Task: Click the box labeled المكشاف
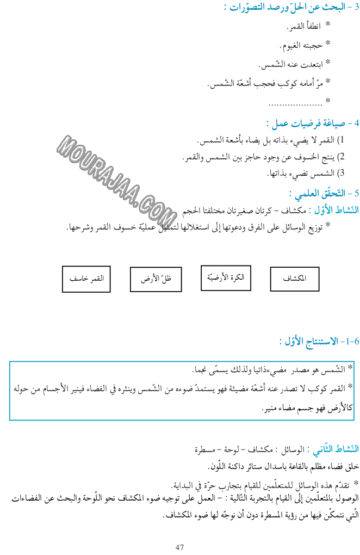[295, 279]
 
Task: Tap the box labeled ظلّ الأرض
[155, 279]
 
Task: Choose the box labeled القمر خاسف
[86, 279]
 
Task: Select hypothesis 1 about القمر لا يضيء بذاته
[266, 141]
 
